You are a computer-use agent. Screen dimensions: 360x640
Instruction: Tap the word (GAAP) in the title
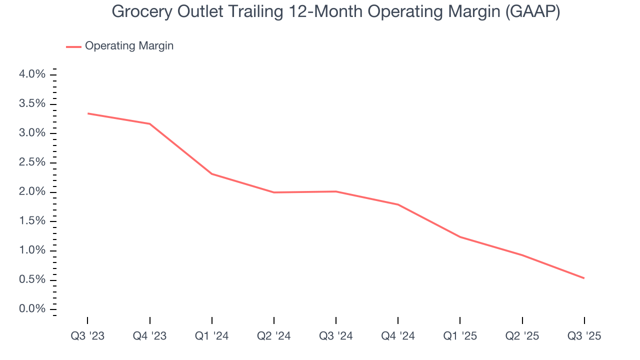pyautogui.click(x=532, y=12)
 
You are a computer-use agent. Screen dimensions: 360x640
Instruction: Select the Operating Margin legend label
pyautogui.click(x=129, y=46)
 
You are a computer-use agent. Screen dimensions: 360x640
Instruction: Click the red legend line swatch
pyautogui.click(x=73, y=46)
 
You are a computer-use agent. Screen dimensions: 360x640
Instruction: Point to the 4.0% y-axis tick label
pyautogui.click(x=32, y=74)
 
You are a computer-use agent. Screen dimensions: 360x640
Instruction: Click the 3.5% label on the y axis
pyautogui.click(x=32, y=103)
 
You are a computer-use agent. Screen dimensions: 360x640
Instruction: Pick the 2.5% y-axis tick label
pyautogui.click(x=32, y=162)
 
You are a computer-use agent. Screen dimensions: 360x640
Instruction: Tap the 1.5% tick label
pyautogui.click(x=32, y=221)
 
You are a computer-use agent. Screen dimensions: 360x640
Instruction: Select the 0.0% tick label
pyautogui.click(x=32, y=309)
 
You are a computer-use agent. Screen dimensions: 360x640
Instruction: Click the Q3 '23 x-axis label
pyautogui.click(x=87, y=336)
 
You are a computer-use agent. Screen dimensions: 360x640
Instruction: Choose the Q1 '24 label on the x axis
pyautogui.click(x=212, y=336)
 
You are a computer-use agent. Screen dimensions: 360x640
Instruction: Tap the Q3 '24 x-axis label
pyautogui.click(x=336, y=336)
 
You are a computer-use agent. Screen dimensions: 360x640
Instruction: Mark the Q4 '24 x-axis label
pyautogui.click(x=398, y=336)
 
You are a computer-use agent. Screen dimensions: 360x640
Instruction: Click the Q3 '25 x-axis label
pyautogui.click(x=584, y=336)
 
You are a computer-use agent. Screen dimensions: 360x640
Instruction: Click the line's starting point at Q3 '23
pyautogui.click(x=88, y=113)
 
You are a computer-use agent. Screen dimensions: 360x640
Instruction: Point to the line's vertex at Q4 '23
pyautogui.click(x=150, y=124)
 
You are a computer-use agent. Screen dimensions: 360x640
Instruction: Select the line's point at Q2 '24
pyautogui.click(x=274, y=192)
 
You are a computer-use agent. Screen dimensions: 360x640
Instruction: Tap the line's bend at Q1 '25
pyautogui.click(x=460, y=237)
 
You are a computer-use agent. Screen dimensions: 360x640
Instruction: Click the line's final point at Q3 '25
pyautogui.click(x=584, y=278)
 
